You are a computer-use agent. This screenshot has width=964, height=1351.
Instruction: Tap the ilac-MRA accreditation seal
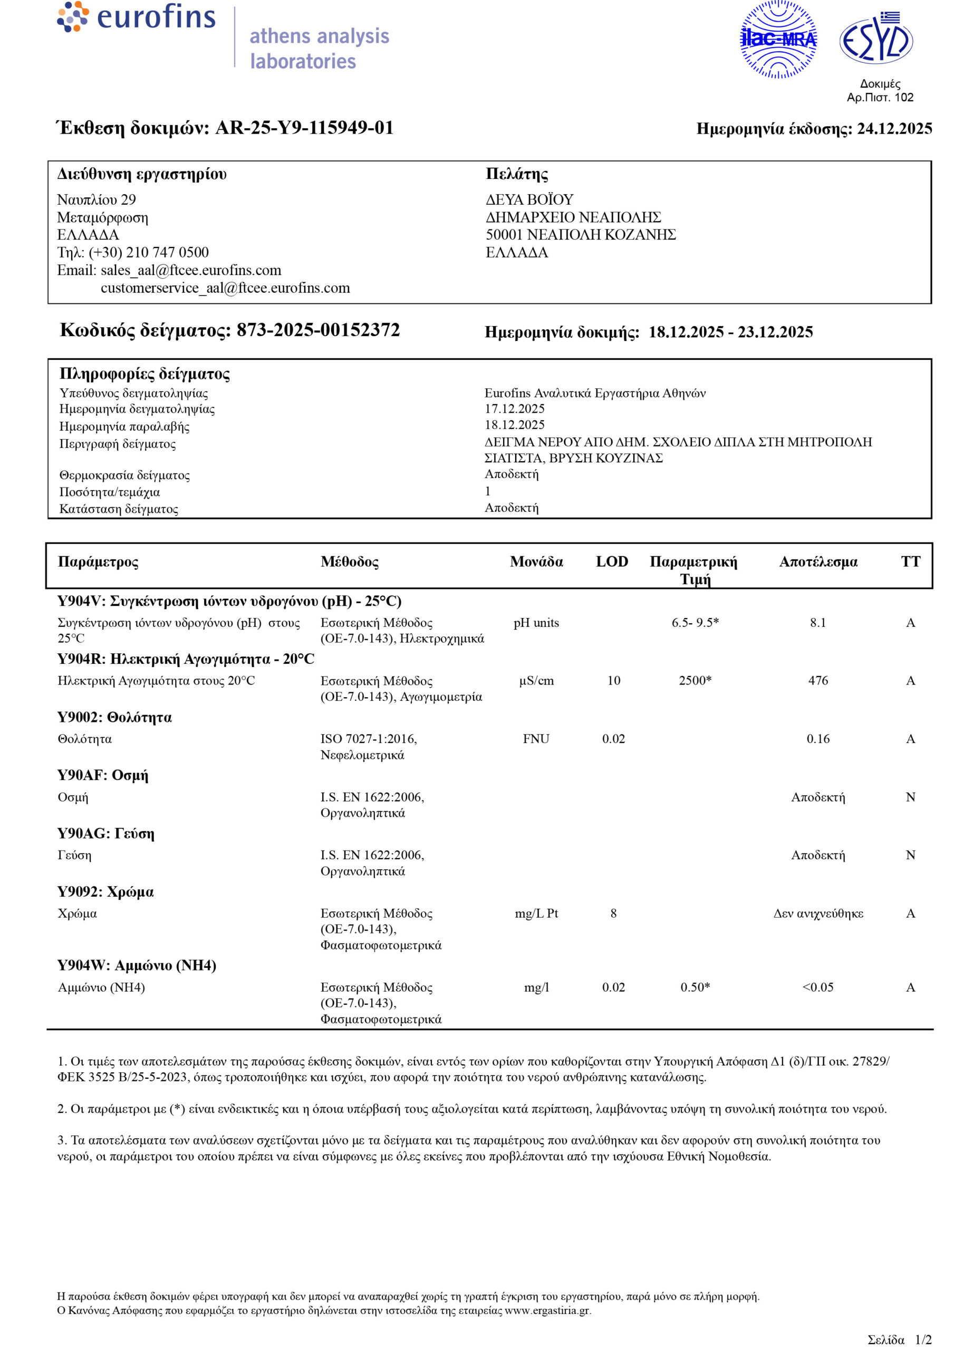[x=778, y=39]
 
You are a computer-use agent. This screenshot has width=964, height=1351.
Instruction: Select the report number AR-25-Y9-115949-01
[x=304, y=128]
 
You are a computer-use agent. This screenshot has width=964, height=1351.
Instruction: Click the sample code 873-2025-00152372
[x=318, y=330]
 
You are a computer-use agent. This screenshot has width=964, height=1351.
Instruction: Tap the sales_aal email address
[x=190, y=270]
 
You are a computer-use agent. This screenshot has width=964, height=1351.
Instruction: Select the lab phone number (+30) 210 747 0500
[x=148, y=252]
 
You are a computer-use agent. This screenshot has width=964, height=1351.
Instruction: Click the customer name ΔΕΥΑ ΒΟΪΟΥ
[x=529, y=199]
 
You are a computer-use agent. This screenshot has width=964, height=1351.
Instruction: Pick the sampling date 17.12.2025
[x=515, y=408]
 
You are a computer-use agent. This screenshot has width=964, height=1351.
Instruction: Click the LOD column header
[x=612, y=562]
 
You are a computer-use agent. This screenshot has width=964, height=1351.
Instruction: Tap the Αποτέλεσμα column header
[x=818, y=562]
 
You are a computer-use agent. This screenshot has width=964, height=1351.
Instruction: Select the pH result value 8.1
[x=818, y=622]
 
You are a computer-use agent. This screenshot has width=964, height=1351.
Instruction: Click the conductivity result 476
[x=818, y=681]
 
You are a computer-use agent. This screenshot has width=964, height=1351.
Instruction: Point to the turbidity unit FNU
[x=536, y=739]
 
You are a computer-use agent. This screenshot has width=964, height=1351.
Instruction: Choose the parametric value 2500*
[x=695, y=681]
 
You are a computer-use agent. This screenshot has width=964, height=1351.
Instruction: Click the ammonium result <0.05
[x=818, y=987]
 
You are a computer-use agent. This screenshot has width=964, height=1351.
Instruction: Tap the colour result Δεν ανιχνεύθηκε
[x=818, y=914]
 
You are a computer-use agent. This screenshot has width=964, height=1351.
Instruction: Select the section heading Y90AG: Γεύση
[x=105, y=834]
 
